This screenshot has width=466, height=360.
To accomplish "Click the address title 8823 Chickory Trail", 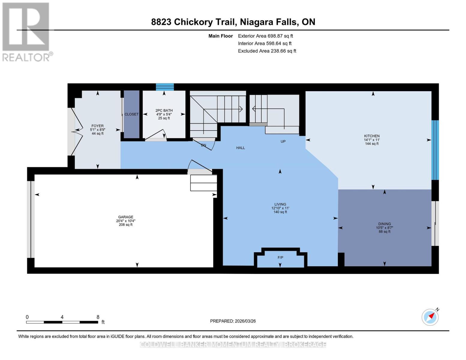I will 233,22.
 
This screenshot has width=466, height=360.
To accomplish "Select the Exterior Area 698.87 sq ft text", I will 265,36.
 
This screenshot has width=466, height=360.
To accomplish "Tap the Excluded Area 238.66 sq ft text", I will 267,51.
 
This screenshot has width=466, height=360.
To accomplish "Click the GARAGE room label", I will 125,217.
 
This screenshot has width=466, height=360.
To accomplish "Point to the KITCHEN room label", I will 372,136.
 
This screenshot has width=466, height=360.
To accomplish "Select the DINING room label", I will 384,224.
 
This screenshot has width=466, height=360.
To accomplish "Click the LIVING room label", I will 280,204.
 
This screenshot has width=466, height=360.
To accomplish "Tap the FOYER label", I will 98,126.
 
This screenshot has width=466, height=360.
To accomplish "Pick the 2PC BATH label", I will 164,110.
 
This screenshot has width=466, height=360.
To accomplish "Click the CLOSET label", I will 131,114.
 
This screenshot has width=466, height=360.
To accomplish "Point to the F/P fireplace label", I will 280,258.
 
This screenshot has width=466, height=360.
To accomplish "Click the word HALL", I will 240,148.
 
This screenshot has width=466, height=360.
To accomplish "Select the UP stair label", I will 283,142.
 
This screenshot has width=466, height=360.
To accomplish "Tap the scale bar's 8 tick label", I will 98,317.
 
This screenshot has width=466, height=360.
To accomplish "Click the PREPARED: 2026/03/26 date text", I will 233,321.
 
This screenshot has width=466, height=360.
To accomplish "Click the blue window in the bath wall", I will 165,87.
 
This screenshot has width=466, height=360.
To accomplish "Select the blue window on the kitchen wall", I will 435,150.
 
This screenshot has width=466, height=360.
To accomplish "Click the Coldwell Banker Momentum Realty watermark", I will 233,345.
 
